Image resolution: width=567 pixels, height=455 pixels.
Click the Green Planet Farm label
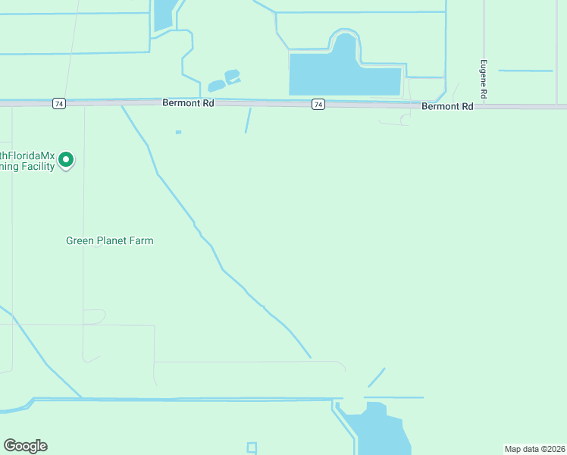click(110, 241)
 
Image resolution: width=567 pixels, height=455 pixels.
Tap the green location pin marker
click(66, 159)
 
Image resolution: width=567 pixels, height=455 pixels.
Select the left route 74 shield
click(58, 103)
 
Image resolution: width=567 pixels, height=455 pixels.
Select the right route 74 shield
click(318, 104)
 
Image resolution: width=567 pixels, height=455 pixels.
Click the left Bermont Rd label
click(189, 102)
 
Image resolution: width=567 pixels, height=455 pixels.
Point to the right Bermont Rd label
click(447, 106)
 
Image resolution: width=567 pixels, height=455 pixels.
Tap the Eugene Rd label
click(482, 79)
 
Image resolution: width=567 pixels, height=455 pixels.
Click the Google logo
click(25, 446)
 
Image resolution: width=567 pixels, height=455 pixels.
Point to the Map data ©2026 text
click(534, 449)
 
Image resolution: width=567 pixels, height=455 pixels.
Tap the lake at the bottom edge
click(379, 432)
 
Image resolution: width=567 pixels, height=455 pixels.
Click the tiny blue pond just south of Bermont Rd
click(178, 133)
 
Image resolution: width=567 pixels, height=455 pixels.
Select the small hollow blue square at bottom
click(252, 447)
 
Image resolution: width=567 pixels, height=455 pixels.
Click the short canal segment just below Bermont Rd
click(248, 120)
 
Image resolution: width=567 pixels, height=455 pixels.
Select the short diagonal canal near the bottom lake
click(377, 377)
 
